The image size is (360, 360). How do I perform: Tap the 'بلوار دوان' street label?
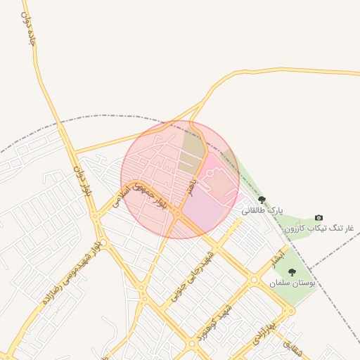coord(82,180)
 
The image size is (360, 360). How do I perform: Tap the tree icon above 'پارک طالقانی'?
coord(262,200)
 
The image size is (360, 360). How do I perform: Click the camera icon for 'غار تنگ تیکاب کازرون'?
coord(319,218)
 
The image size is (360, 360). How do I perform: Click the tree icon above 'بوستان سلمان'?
coord(292,272)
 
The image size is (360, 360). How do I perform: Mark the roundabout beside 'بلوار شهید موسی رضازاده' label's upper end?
coord(96,216)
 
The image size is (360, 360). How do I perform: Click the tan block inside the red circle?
coord(192,150)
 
